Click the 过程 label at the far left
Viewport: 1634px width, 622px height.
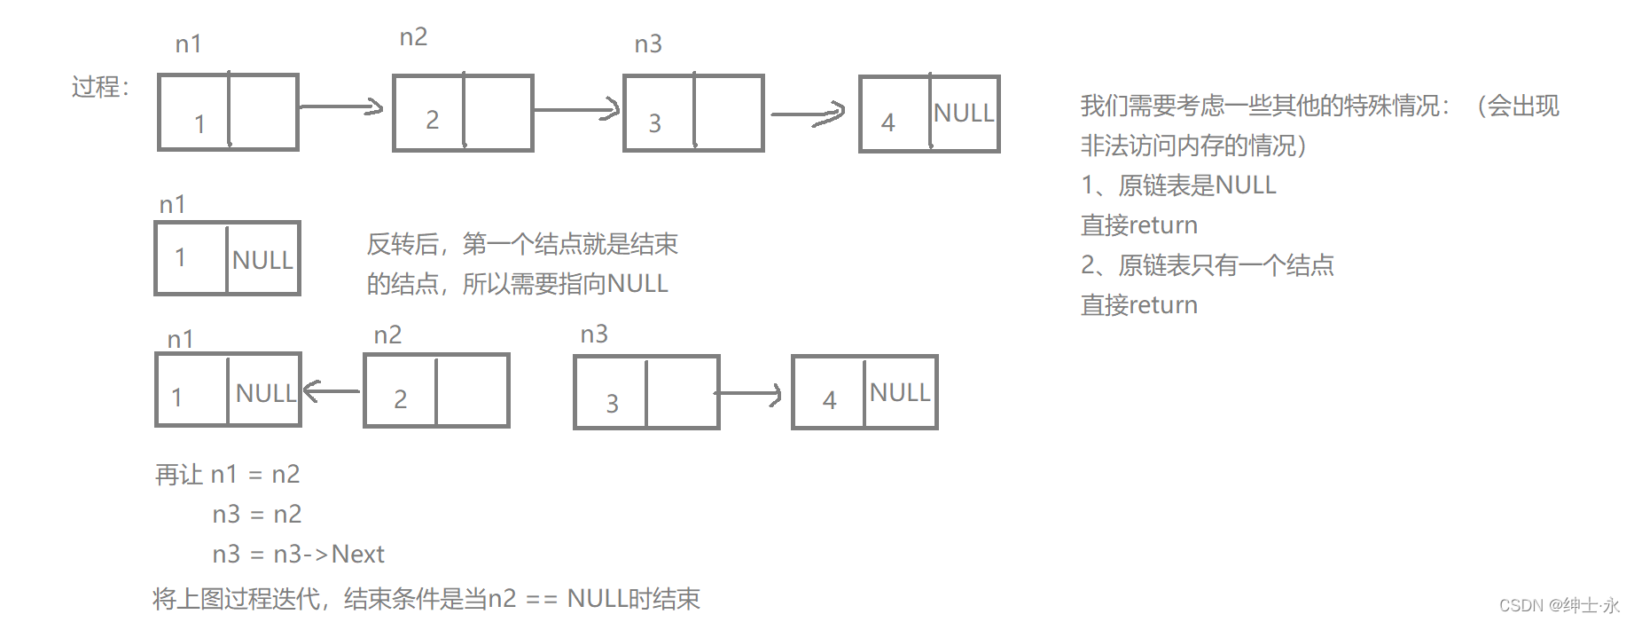click(x=100, y=87)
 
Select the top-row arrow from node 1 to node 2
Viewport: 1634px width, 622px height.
click(x=341, y=107)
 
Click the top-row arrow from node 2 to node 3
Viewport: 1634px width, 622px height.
click(x=576, y=110)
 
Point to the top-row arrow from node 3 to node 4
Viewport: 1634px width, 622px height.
click(x=808, y=114)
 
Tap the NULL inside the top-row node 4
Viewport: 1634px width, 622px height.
click(x=964, y=114)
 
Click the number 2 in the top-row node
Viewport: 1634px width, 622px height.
click(x=432, y=120)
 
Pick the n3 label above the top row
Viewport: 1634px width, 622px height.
click(x=648, y=44)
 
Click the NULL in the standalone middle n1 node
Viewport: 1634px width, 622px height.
click(x=262, y=260)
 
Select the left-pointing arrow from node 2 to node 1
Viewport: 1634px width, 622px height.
click(x=332, y=390)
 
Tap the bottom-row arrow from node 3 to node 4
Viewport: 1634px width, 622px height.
click(x=749, y=393)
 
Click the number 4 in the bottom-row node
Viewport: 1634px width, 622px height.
click(x=829, y=401)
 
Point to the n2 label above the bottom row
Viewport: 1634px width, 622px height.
click(x=387, y=335)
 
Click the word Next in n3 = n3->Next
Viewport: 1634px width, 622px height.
click(x=357, y=555)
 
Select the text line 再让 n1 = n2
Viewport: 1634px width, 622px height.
click(x=227, y=475)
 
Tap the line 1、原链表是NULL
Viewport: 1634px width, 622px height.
click(x=1178, y=185)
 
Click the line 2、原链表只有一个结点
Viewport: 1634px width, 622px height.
click(x=1207, y=265)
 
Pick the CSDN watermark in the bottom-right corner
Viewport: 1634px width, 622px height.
click(x=1559, y=605)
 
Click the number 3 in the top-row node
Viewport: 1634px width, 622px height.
click(x=654, y=123)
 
